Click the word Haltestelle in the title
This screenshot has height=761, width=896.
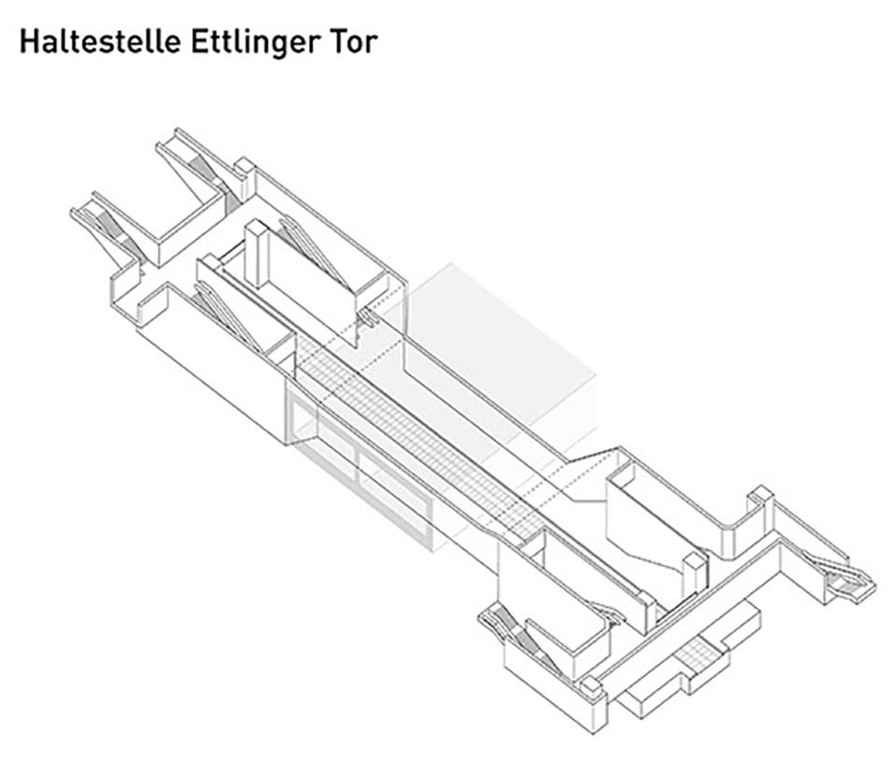tap(100, 42)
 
